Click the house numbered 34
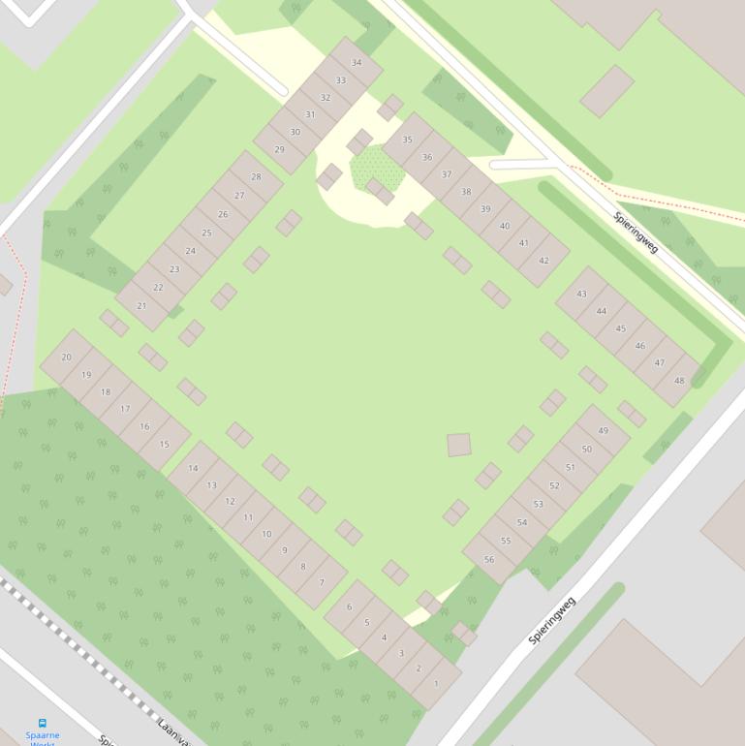click(x=357, y=63)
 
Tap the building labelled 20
click(x=66, y=357)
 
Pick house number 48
click(x=679, y=381)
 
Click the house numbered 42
click(x=543, y=261)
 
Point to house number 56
click(x=489, y=560)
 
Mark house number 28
click(x=256, y=177)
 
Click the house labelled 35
click(x=407, y=140)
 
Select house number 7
click(x=322, y=583)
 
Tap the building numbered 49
click(x=604, y=431)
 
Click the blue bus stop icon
click(x=42, y=723)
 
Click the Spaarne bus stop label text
click(x=42, y=736)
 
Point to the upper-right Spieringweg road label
click(x=636, y=233)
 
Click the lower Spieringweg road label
click(x=552, y=620)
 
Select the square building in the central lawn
click(x=458, y=445)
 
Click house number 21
click(x=142, y=305)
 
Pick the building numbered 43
click(x=581, y=294)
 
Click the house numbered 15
click(x=165, y=445)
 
